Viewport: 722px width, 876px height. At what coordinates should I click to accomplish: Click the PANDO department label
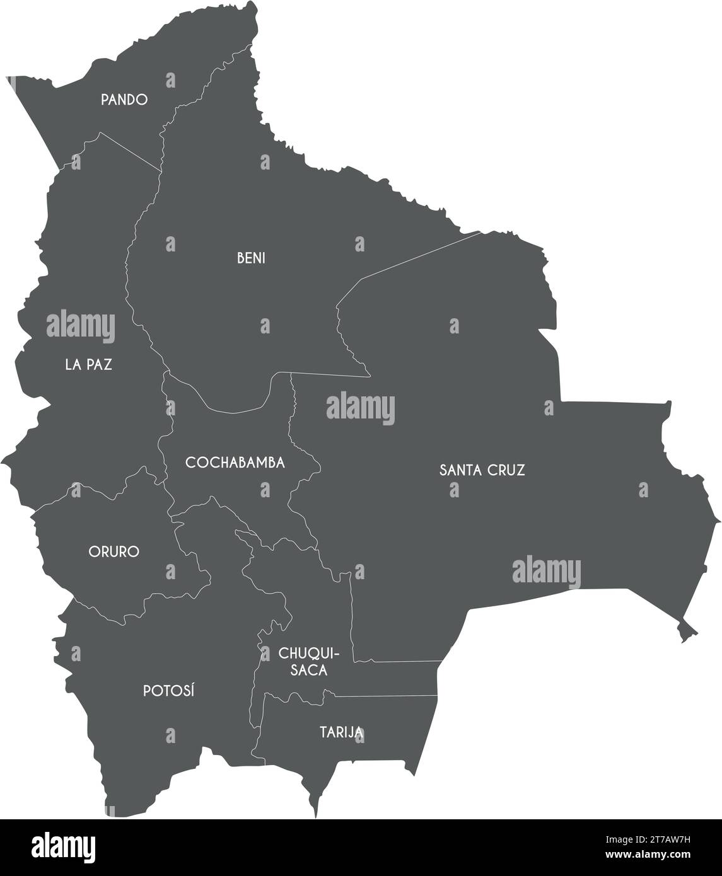coord(124,100)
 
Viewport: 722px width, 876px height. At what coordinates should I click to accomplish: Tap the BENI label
coord(251,258)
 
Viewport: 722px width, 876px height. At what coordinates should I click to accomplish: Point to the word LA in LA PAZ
coord(72,364)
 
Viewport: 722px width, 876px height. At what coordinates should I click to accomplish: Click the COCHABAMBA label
coord(235,463)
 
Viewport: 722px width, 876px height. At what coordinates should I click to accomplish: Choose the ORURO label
coord(114,552)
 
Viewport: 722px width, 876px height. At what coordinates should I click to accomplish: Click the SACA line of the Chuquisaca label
coord(309,671)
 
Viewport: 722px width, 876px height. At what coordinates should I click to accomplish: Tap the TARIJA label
coord(341,732)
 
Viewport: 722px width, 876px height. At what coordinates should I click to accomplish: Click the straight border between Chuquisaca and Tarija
coord(385,697)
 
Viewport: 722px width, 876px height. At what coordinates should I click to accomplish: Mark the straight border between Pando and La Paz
coord(129,151)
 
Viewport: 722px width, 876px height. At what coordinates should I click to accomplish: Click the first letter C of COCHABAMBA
coord(190,463)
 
